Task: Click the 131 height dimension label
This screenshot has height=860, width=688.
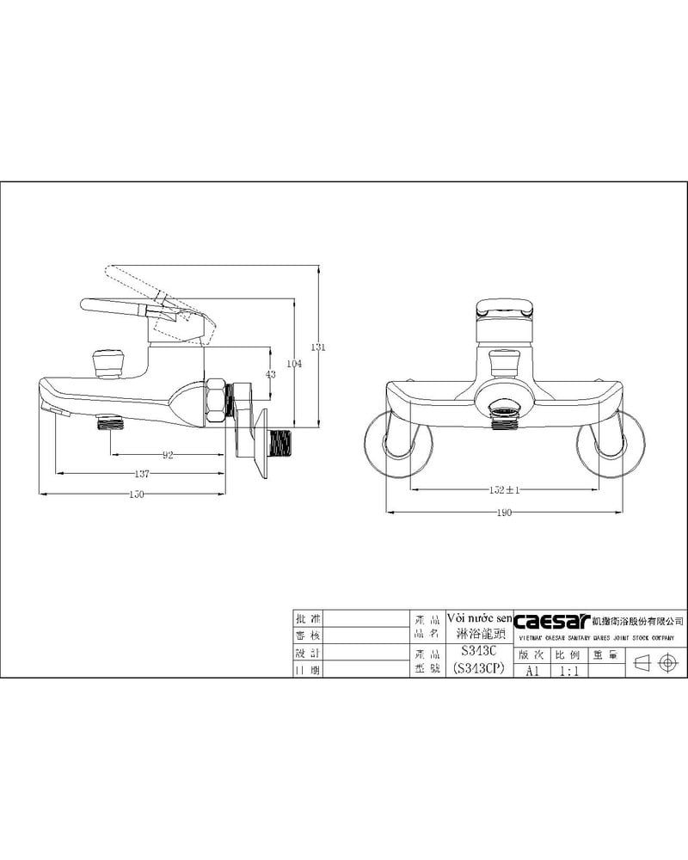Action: (x=317, y=347)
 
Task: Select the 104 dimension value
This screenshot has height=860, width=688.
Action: (x=295, y=365)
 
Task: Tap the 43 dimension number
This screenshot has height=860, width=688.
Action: (x=271, y=374)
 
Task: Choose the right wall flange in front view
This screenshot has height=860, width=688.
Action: (x=611, y=444)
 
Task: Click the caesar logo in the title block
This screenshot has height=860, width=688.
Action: (x=547, y=619)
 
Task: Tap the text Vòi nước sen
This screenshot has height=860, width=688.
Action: (x=480, y=618)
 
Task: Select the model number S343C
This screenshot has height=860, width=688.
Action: (x=479, y=652)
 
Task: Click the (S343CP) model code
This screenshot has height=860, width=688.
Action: (x=479, y=669)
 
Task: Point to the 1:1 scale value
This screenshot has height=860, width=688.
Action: (x=568, y=672)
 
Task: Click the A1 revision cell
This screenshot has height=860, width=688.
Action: (x=532, y=672)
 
